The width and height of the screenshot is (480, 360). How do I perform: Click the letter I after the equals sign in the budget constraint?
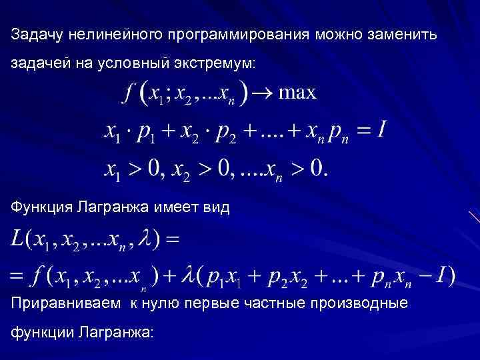(380, 129)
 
